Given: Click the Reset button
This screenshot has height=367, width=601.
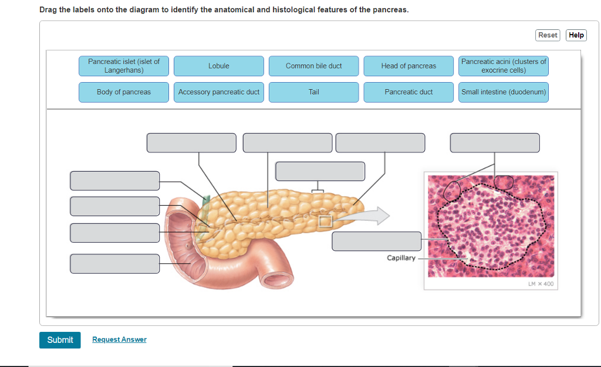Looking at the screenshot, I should [548, 35].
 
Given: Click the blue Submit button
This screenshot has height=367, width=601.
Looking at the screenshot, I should [60, 340].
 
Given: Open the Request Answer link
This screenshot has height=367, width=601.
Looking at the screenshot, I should [119, 340].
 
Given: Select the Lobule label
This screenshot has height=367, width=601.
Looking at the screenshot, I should [219, 66].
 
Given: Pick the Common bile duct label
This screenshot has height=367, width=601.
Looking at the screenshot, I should [313, 66].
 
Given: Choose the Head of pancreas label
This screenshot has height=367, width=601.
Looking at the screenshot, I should [408, 66].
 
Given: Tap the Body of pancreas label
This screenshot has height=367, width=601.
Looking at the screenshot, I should [124, 92].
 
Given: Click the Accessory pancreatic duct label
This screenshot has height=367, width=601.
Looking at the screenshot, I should [219, 92].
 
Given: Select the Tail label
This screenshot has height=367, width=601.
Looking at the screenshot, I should [313, 92].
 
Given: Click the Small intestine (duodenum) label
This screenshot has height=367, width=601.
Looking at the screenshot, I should [504, 92].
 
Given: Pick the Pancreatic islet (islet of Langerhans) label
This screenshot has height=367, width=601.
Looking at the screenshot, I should [124, 66].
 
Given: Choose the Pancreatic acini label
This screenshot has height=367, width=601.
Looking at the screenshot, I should [504, 66].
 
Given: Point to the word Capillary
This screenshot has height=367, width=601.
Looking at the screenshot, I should [401, 258].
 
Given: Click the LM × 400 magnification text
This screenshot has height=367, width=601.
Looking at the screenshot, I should [541, 284].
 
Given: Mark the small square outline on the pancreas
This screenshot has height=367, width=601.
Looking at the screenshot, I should [325, 221].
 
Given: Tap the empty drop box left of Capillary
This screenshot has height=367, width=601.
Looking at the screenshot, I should [376, 242].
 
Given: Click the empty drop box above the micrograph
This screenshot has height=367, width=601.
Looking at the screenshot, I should [494, 143].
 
